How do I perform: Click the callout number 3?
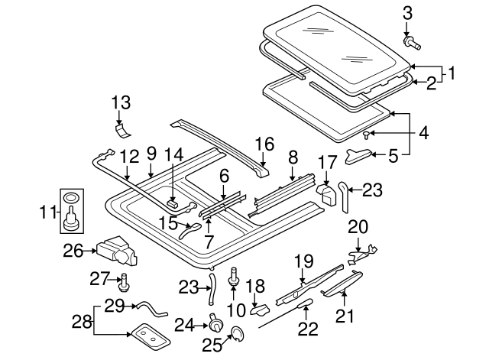coord(406,12)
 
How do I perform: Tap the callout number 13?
coord(121,102)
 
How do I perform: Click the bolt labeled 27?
coord(124,283)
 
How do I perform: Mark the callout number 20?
coord(358,226)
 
